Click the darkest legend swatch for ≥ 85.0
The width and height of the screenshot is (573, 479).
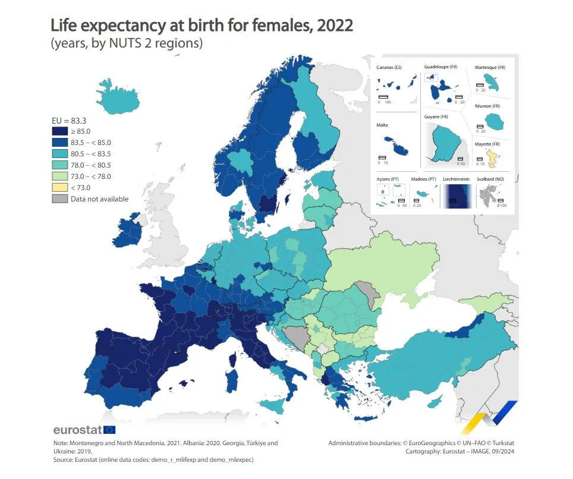pos(59,131)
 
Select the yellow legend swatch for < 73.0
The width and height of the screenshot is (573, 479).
pos(59,188)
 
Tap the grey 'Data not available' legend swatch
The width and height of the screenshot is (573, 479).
pos(59,199)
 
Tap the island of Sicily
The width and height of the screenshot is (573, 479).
pos(274,406)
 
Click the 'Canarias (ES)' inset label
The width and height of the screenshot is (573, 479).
pos(389,68)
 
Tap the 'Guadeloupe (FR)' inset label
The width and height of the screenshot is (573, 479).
pos(440,67)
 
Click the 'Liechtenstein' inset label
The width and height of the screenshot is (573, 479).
pos(456,178)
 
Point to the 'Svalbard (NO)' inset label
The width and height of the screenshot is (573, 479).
pos(492,178)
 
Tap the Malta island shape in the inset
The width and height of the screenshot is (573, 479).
pos(395,146)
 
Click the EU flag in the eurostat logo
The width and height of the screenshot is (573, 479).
pos(109,430)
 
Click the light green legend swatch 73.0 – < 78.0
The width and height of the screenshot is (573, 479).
pos(59,177)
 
